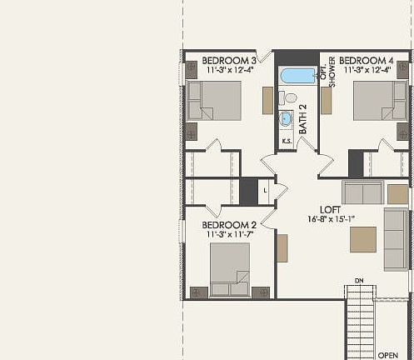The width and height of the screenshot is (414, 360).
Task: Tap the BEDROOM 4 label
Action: (367, 61)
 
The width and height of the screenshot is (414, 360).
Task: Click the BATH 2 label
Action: (303, 119)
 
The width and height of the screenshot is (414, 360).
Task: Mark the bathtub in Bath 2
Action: (296, 77)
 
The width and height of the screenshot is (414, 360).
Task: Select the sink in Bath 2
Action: (286, 119)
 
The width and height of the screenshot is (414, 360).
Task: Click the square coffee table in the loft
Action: (362, 239)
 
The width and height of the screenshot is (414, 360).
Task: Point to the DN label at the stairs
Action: (360, 280)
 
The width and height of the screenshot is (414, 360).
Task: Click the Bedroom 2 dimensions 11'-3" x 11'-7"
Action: (231, 235)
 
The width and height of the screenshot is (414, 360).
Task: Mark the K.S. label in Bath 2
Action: (286, 141)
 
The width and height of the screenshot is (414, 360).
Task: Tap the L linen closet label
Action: (264, 191)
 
